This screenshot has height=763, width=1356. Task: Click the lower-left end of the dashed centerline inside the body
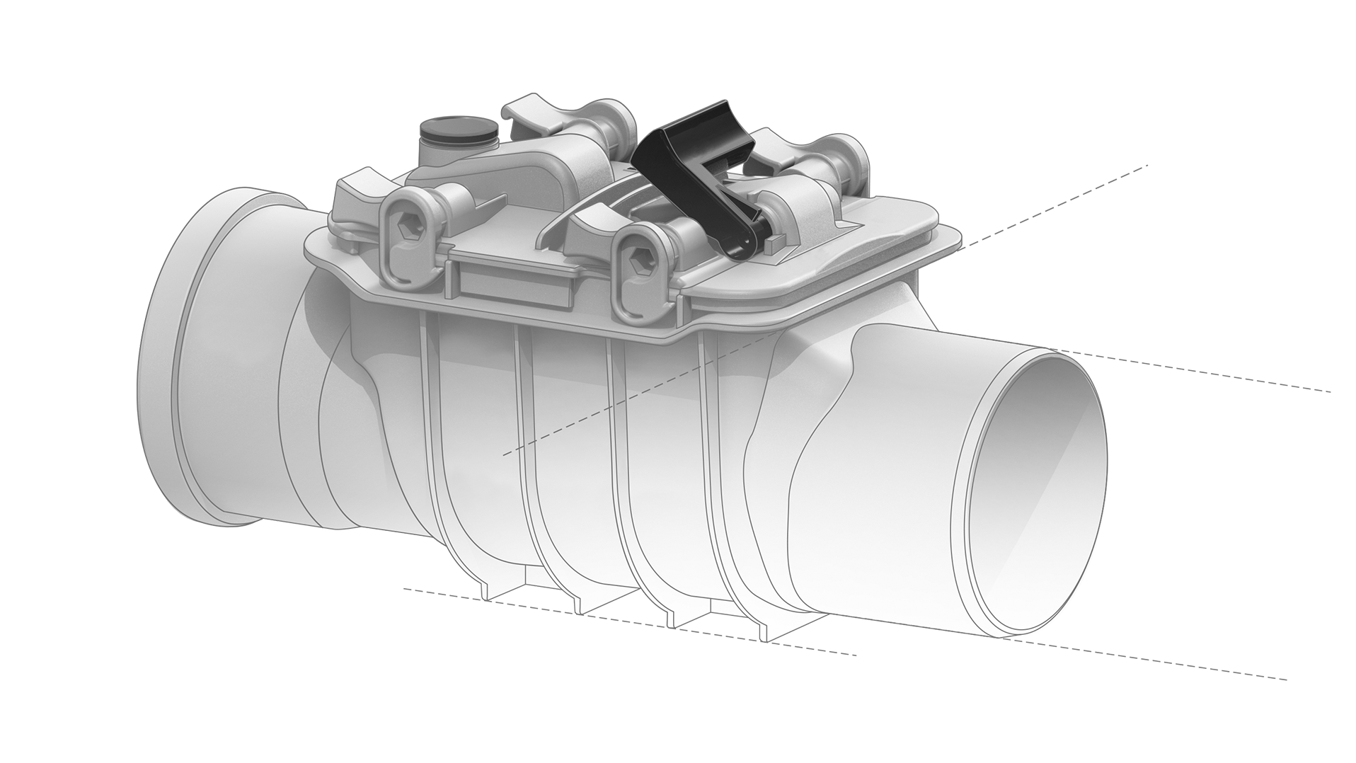pos(504,454)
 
